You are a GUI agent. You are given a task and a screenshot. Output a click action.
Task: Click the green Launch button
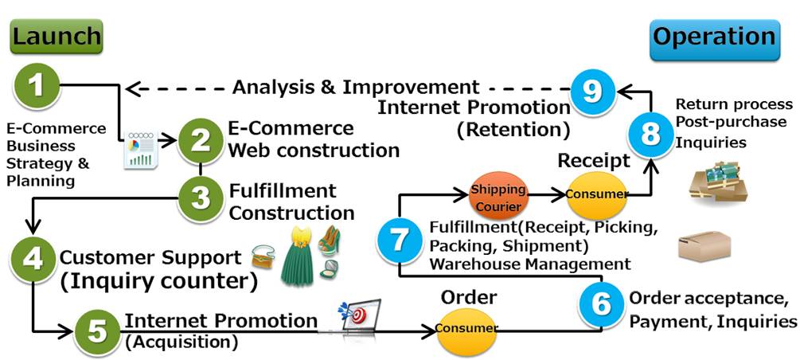[57, 36]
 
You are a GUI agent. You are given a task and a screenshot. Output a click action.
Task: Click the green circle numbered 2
[200, 140]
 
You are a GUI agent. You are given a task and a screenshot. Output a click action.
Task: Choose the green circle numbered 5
[97, 331]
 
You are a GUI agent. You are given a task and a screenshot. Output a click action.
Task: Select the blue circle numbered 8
[650, 133]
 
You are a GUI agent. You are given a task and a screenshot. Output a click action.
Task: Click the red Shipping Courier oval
[498, 195]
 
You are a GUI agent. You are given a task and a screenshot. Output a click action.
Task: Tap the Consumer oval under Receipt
[596, 194]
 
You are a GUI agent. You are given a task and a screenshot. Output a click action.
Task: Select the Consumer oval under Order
[467, 327]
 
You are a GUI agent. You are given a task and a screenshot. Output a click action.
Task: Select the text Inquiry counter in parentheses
[159, 281]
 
